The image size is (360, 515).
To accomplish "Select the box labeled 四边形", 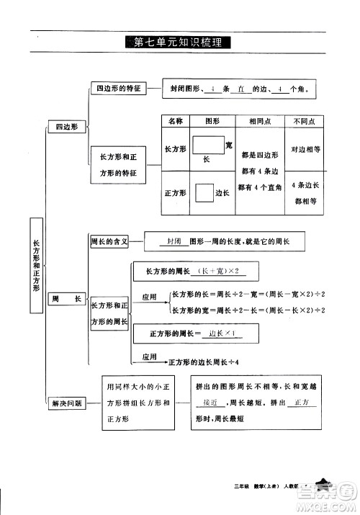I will [x=66, y=127].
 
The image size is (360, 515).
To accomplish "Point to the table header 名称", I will [x=175, y=122].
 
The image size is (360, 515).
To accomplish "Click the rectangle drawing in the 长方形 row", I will [x=207, y=147].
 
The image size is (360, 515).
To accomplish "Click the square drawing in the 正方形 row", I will [x=202, y=193].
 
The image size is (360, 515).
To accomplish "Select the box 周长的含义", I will [x=109, y=242].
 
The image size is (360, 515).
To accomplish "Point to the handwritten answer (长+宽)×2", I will [x=219, y=271].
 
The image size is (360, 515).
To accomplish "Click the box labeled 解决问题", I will [x=66, y=403].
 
